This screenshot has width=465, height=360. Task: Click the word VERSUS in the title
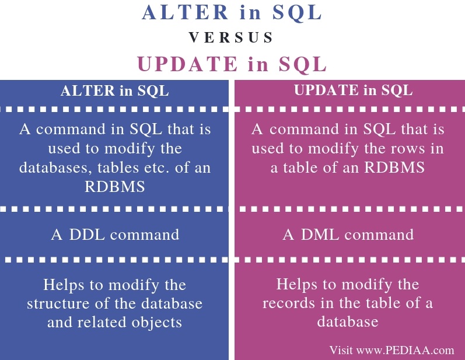(x=232, y=38)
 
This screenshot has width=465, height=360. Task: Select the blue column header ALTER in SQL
(x=115, y=91)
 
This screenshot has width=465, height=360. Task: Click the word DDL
(x=87, y=235)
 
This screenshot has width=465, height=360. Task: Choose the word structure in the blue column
(x=57, y=303)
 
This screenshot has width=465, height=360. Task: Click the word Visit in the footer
(x=341, y=350)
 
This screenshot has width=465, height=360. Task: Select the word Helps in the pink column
(x=297, y=285)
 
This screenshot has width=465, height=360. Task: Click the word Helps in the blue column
(x=64, y=285)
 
